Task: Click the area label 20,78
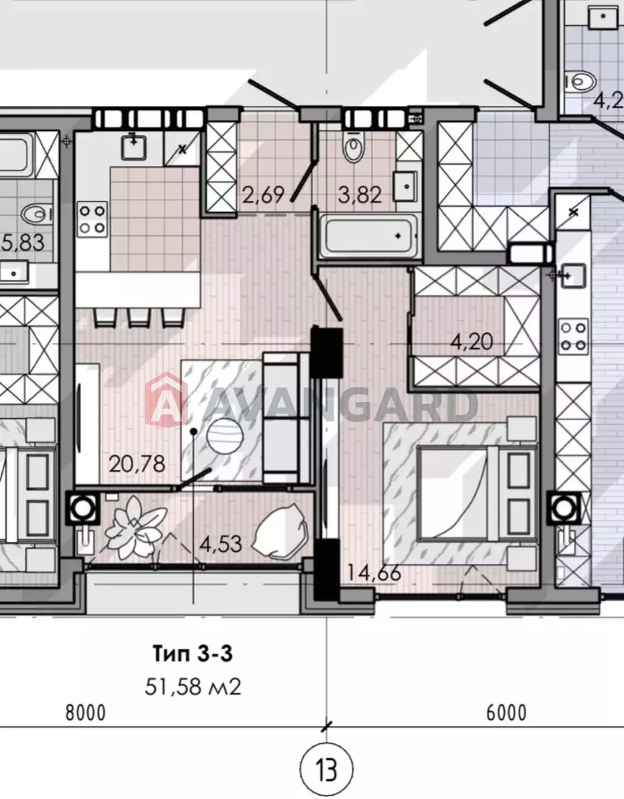[x=137, y=464]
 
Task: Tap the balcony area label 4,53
[x=220, y=544]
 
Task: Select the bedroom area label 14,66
[x=374, y=573]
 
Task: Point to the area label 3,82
[x=360, y=195]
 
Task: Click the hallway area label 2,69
[x=263, y=195]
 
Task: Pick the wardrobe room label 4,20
[x=471, y=342]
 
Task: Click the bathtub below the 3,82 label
[x=369, y=236]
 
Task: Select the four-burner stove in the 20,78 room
[x=92, y=219]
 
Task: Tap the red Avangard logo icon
[x=166, y=400]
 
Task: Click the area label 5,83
[x=23, y=242]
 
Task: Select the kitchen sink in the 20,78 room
[x=134, y=146]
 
